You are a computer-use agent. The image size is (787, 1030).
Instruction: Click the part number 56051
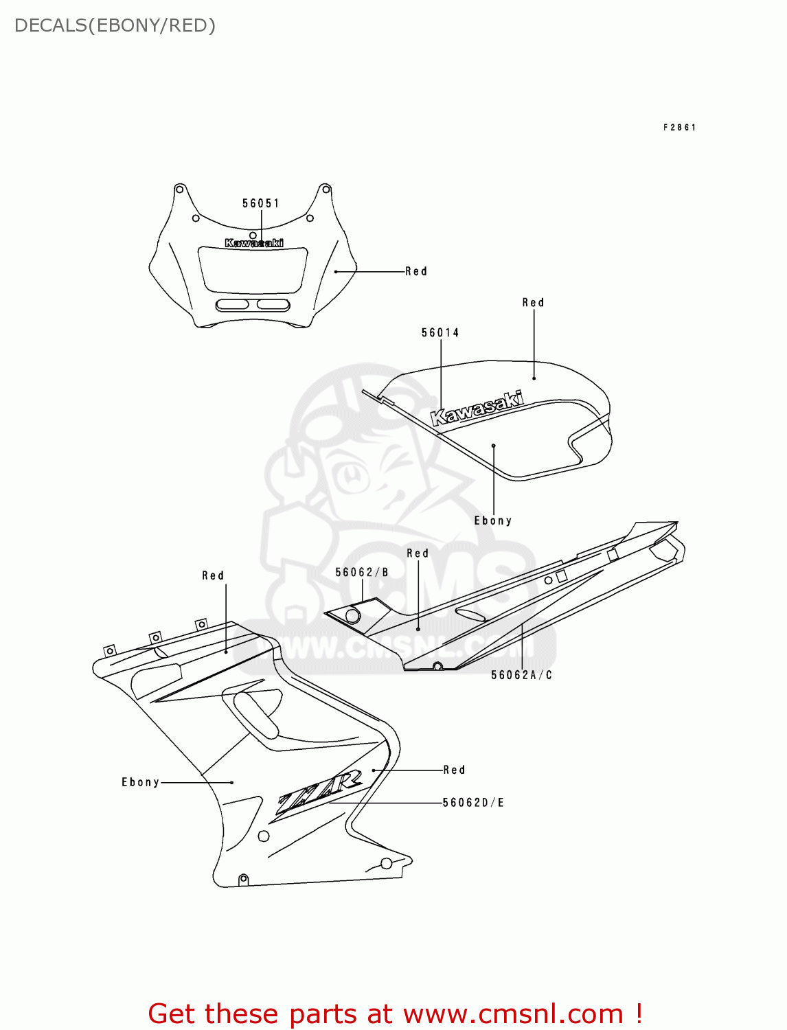[261, 203]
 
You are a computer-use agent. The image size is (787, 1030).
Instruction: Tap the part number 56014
[440, 333]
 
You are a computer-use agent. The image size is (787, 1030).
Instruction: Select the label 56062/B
[362, 573]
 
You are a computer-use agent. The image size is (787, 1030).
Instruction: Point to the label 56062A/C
[522, 675]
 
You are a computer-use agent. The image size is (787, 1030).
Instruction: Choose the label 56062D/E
[474, 803]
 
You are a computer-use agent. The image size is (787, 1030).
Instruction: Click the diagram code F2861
[680, 128]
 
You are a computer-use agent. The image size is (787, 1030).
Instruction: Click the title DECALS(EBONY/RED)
[115, 25]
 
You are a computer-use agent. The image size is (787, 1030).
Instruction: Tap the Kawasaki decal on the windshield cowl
[254, 243]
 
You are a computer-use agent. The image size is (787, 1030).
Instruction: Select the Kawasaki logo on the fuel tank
[477, 409]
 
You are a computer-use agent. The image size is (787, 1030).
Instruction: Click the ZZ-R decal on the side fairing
[319, 793]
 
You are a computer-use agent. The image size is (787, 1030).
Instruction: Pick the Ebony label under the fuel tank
[493, 520]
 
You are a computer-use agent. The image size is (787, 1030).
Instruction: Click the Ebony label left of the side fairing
[141, 782]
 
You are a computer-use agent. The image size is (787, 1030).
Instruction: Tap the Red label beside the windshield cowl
[416, 271]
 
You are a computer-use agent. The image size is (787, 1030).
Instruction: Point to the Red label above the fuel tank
[533, 303]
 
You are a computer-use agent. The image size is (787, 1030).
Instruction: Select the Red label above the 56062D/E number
[454, 770]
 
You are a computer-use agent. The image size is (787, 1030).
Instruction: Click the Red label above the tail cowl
[418, 553]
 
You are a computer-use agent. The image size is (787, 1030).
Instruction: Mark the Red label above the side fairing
[213, 575]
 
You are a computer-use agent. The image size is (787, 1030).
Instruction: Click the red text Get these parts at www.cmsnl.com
[395, 1014]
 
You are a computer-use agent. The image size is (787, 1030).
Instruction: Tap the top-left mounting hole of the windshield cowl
[179, 189]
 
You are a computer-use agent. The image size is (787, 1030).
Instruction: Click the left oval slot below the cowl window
[232, 305]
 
